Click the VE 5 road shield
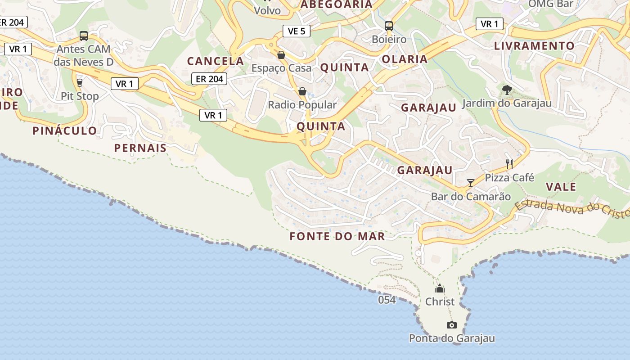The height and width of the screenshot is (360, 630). [297, 31]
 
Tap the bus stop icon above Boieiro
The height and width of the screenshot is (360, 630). [389, 26]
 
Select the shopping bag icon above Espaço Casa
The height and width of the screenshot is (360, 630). [281, 55]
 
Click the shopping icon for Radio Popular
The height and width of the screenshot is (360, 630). [302, 91]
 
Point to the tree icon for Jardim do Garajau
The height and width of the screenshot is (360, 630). [507, 90]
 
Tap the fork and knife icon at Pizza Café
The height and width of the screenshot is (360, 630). [509, 164]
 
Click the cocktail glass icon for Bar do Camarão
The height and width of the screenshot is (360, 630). [471, 183]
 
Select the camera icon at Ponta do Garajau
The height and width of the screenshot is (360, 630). [452, 325]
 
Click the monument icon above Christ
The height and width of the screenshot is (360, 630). [440, 288]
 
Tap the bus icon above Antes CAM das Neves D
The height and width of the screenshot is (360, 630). [84, 36]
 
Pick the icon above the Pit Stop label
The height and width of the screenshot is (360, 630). [80, 82]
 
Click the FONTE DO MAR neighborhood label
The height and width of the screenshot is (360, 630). [337, 236]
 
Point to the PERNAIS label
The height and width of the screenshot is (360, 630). [140, 148]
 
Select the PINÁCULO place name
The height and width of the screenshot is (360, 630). [65, 131]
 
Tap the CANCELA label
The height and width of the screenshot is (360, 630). [216, 61]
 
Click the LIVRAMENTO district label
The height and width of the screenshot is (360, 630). [534, 46]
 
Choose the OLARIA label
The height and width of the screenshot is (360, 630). [405, 59]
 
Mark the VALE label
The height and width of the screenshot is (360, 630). [561, 187]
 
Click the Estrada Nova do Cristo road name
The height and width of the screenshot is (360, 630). [571, 208]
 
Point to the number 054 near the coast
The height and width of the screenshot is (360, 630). [387, 300]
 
